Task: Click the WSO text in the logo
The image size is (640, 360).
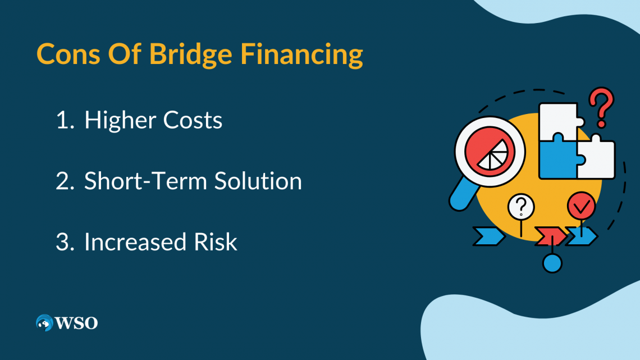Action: (x=76, y=323)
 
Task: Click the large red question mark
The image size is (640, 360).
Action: (x=601, y=107)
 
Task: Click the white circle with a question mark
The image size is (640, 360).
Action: (x=521, y=207)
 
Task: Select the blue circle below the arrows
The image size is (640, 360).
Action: (x=552, y=263)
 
